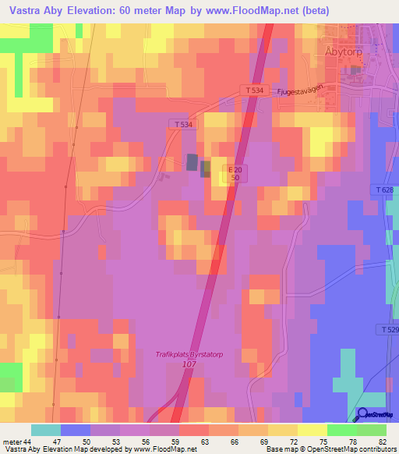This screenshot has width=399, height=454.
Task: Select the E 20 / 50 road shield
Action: pyautogui.click(x=234, y=173)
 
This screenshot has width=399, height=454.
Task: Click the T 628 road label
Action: pyautogui.click(x=383, y=191)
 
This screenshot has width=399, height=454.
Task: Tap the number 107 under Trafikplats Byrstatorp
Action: pyautogui.click(x=189, y=364)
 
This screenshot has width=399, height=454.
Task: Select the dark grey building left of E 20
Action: pyautogui.click(x=192, y=162)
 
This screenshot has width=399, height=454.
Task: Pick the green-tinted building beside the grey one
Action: pyautogui.click(x=206, y=168)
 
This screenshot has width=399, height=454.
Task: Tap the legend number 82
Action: pyautogui.click(x=383, y=442)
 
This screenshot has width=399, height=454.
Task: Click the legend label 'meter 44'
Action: pyautogui.click(x=17, y=442)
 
